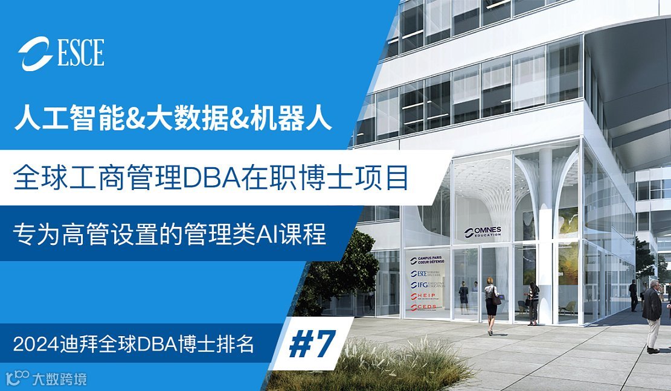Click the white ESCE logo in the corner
(61, 53)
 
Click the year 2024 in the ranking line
(35, 344)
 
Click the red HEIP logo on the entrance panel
(426, 296)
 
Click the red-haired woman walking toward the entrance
(490, 305)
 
